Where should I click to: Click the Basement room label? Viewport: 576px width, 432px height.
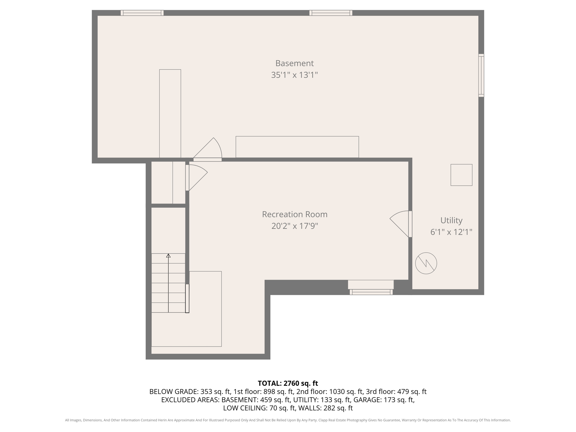point(294,63)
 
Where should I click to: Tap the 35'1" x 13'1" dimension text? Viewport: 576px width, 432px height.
point(294,75)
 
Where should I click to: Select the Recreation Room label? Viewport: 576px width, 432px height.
point(294,214)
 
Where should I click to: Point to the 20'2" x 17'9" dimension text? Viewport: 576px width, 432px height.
point(294,226)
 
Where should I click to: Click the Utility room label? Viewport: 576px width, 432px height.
point(451,220)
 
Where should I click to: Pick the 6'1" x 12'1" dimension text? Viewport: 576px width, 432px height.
point(451,232)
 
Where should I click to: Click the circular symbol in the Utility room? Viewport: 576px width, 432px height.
point(426,263)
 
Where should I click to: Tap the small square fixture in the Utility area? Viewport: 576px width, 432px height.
point(461,175)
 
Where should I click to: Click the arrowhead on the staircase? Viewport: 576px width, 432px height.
point(168,256)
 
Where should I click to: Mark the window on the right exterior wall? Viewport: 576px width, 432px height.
point(481,75)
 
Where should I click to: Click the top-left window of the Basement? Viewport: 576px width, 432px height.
point(142,13)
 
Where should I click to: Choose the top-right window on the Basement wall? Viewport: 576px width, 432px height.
point(331,13)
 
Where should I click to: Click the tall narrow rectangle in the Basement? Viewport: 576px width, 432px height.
point(170,113)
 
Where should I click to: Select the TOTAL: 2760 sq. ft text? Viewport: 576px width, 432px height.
point(288,383)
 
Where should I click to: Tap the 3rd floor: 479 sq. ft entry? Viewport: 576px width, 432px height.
point(396,391)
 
